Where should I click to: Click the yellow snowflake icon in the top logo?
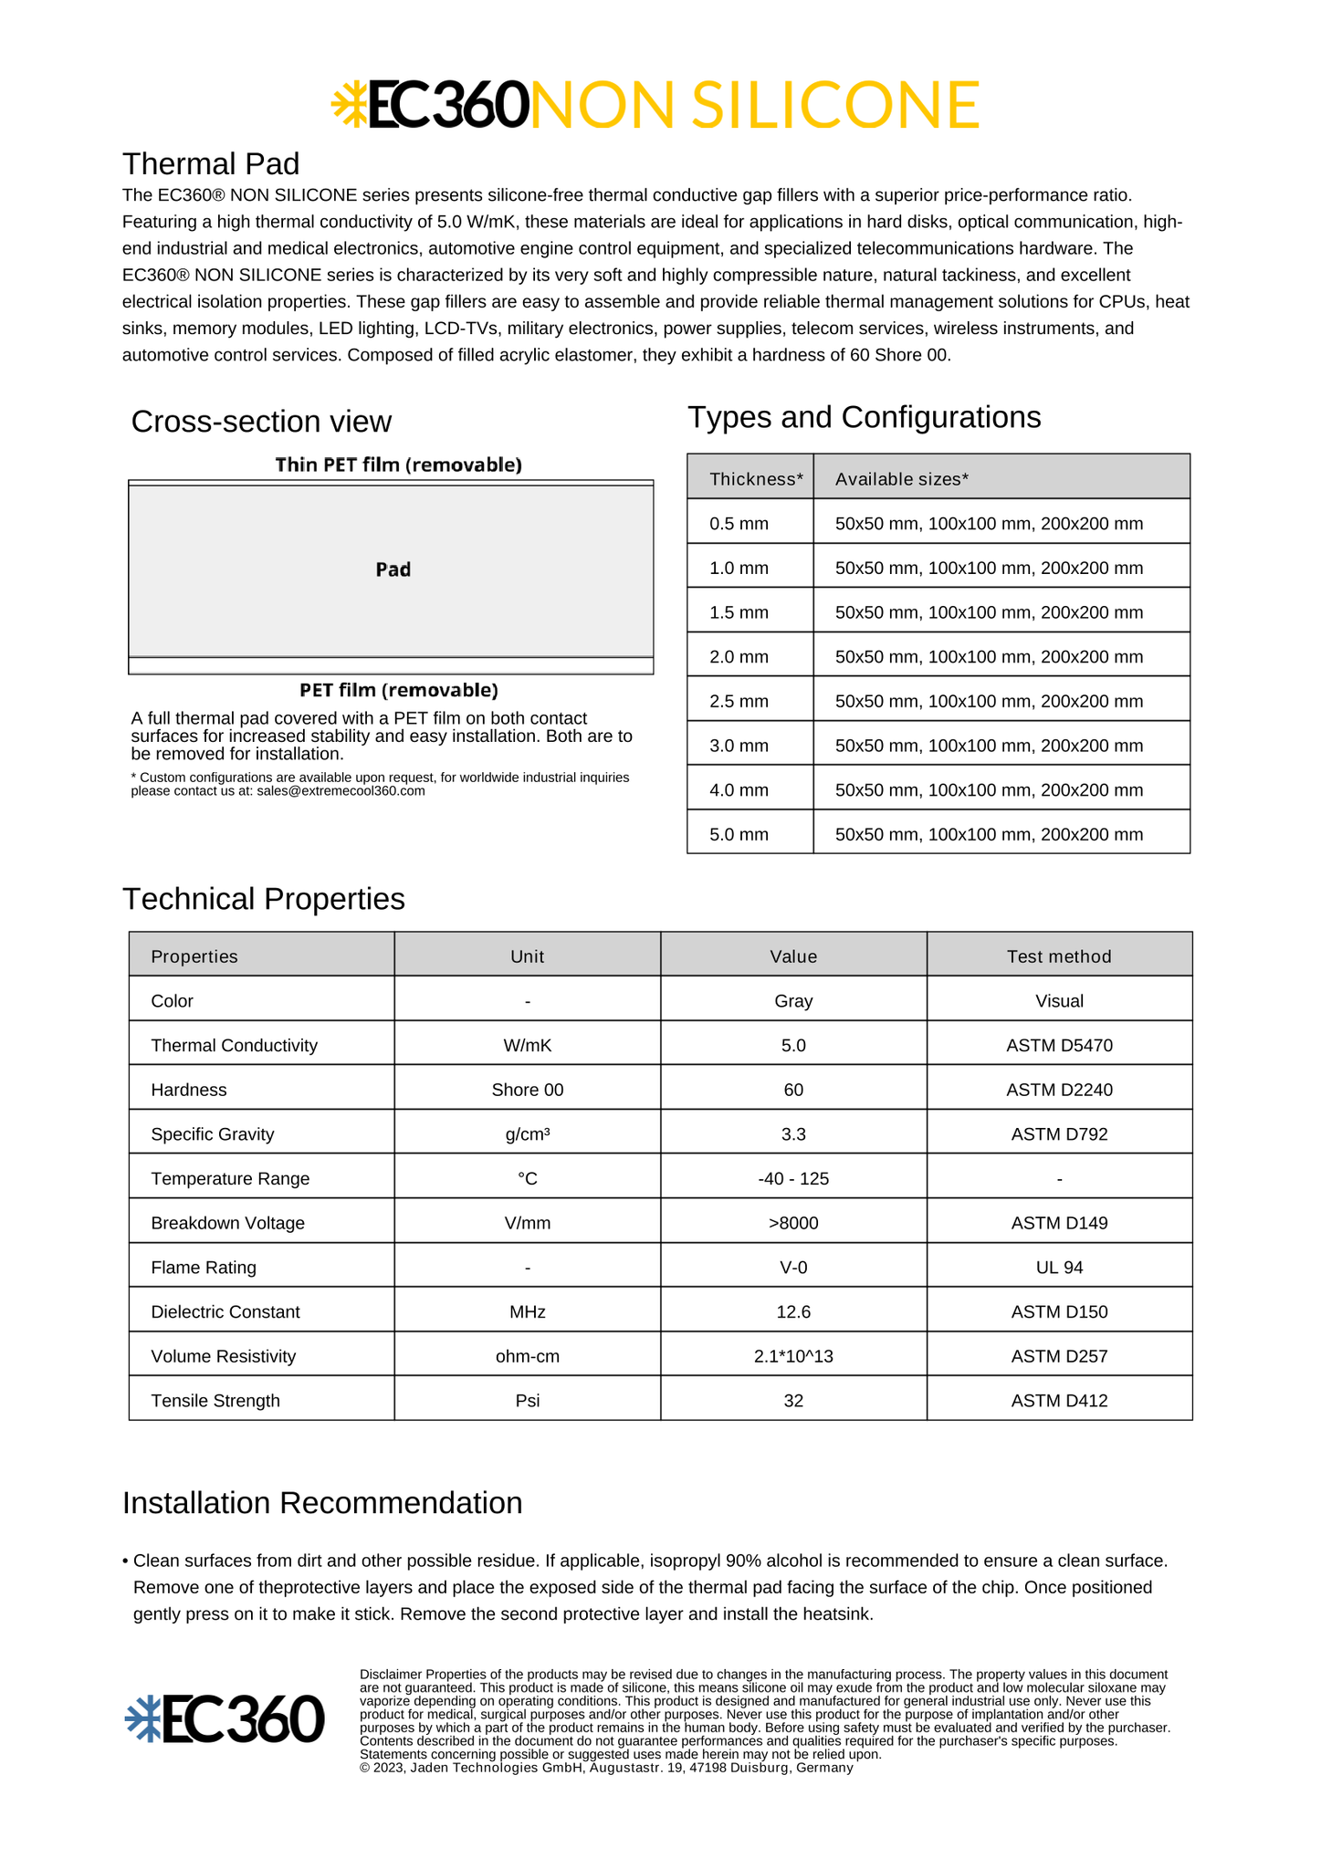click(349, 103)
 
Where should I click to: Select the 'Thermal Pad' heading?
click(211, 164)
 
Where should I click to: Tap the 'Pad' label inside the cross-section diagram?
click(393, 569)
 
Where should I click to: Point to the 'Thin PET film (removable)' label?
click(399, 465)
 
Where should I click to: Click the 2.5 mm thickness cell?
click(739, 701)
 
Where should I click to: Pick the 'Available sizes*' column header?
click(901, 479)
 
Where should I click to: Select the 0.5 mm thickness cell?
click(739, 524)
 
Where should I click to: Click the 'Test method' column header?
click(1059, 956)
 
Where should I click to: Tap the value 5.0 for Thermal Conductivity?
click(793, 1045)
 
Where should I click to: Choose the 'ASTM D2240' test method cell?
click(1059, 1090)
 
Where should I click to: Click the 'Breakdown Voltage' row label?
click(227, 1223)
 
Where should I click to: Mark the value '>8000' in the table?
click(793, 1223)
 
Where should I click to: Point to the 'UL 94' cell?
click(1059, 1268)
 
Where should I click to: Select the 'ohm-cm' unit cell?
click(528, 1356)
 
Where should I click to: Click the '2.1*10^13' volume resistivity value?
click(793, 1356)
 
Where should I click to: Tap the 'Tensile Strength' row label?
click(215, 1401)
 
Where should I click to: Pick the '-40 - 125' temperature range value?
click(793, 1179)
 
